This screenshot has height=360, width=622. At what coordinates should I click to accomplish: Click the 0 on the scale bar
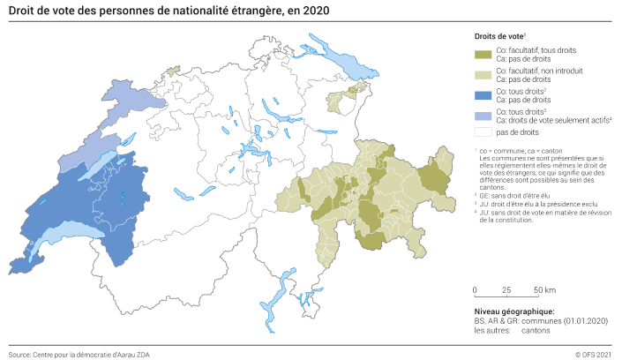coord(475,289)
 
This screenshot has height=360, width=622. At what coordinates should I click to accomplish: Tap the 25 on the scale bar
coord(506,289)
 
